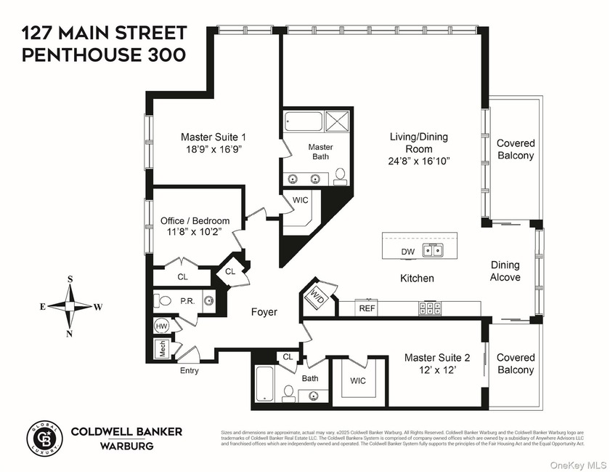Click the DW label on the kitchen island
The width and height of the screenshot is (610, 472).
click(x=407, y=252)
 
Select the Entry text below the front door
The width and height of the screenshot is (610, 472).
click(x=189, y=370)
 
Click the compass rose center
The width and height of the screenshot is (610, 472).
click(x=70, y=306)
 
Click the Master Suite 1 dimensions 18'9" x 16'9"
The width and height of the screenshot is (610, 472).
click(x=213, y=149)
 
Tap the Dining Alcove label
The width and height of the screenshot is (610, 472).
click(x=505, y=271)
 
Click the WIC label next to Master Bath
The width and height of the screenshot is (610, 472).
click(x=301, y=200)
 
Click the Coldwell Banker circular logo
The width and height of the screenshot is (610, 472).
click(x=42, y=436)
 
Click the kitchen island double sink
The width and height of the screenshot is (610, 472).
click(x=435, y=251)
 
